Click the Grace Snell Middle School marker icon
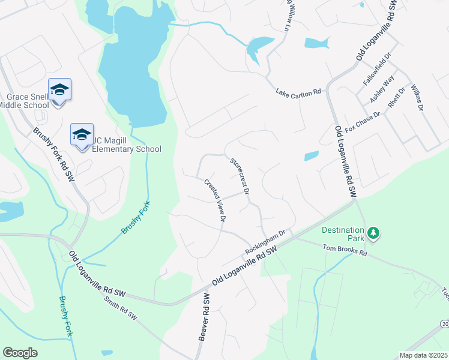point(59,91)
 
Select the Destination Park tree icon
point(373,232)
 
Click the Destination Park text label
point(343,231)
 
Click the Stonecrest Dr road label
point(240,175)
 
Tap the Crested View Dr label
point(214,202)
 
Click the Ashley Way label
point(383,88)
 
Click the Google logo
point(20,353)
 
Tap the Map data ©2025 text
point(423,355)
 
